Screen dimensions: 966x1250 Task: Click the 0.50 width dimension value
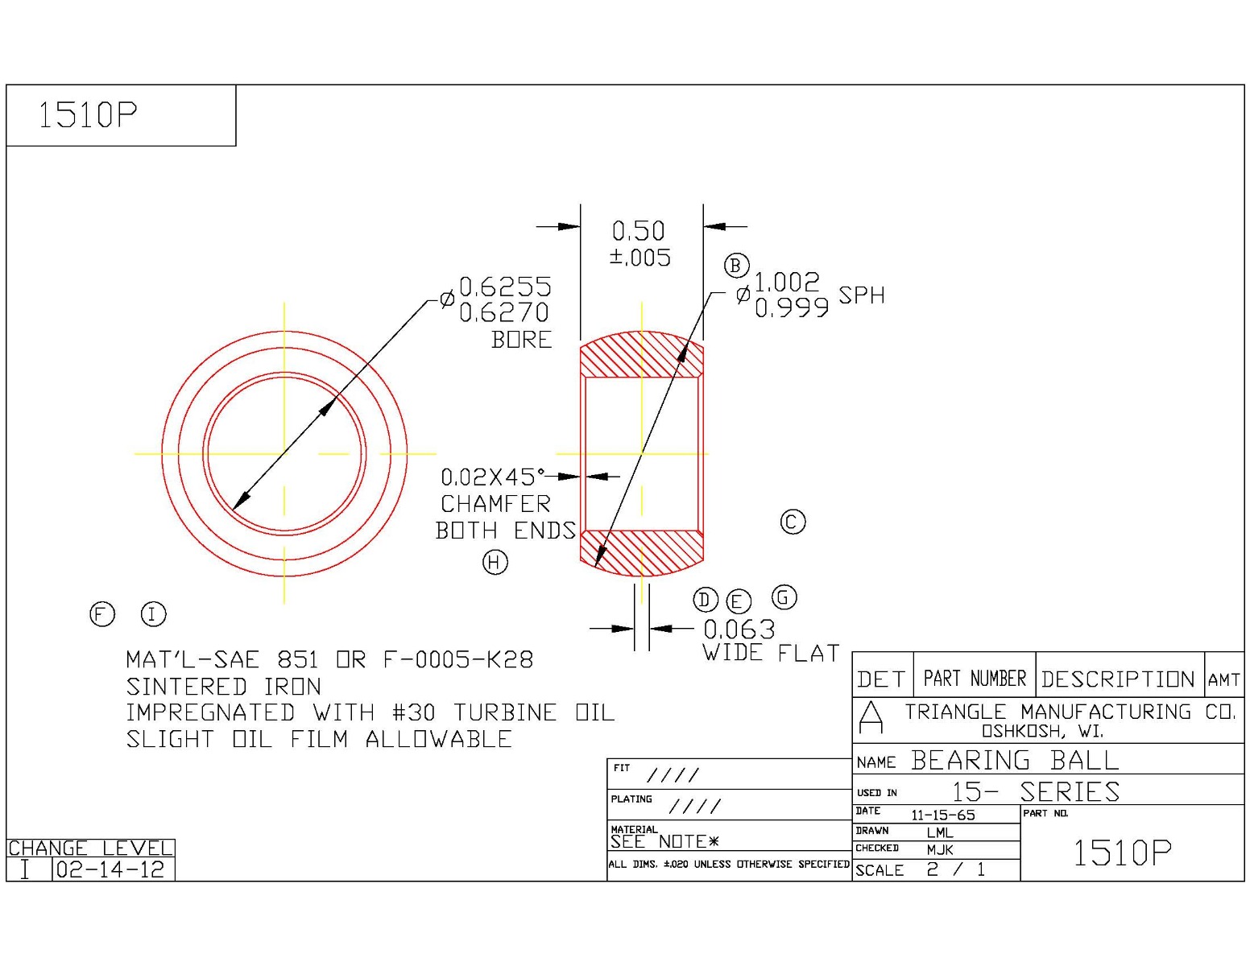coord(639,231)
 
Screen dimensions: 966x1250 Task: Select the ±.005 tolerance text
coord(640,258)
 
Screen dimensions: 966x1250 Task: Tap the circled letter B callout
coord(736,266)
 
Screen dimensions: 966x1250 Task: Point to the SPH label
coord(861,295)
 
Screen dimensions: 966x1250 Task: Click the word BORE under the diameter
coord(522,340)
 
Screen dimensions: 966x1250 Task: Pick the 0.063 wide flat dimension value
coord(739,629)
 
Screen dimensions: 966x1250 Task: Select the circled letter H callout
coord(495,562)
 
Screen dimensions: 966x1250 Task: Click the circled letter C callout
coord(793,522)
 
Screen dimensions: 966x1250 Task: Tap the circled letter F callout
coord(102,614)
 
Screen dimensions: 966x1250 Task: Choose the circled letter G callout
coord(784,597)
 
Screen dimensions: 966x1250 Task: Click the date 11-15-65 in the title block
coord(942,815)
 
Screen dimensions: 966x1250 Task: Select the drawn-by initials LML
coord(939,832)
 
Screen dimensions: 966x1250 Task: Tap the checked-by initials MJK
coord(939,849)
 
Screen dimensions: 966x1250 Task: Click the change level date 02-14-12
coord(110,869)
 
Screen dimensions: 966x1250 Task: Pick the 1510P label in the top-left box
coord(88,115)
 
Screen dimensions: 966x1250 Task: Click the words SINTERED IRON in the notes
coord(223,687)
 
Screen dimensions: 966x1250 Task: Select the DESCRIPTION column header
coord(1117,679)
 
